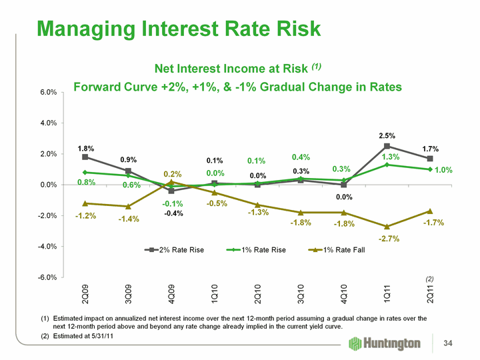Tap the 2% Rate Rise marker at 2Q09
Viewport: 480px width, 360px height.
[x=85, y=157]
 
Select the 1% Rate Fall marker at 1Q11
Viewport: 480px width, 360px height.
[x=387, y=227]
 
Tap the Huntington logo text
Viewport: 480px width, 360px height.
[x=393, y=343]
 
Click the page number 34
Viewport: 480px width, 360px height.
[x=456, y=343]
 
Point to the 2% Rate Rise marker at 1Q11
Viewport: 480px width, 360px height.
[x=387, y=146]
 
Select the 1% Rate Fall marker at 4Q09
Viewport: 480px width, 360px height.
[x=171, y=181]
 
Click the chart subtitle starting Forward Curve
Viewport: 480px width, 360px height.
[x=237, y=87]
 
